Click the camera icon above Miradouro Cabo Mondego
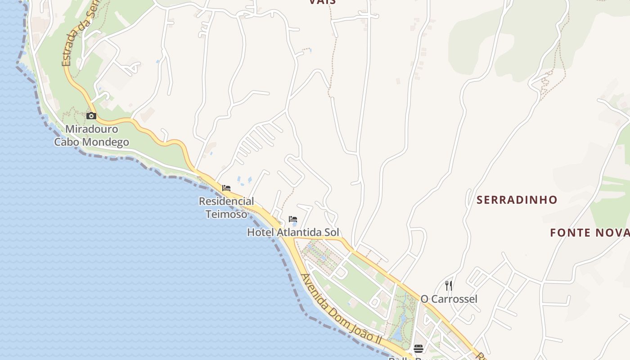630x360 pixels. coord(91,116)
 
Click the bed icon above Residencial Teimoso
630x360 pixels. coord(226,188)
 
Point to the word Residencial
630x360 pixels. coord(226,201)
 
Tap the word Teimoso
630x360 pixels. coord(226,214)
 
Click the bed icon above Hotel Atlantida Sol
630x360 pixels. coord(293,220)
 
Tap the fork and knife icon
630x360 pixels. coord(449,286)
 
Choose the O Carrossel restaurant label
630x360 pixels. coord(449,299)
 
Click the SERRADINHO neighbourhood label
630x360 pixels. coord(517,200)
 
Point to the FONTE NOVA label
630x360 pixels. coord(589,233)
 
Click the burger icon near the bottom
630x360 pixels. coord(418,348)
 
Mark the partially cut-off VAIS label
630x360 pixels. coord(322,2)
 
